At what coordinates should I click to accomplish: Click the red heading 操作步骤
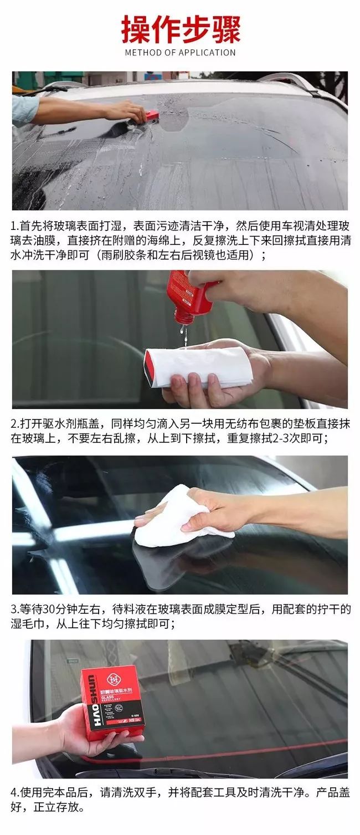coord(181,29)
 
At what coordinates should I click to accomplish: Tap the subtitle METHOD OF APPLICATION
coord(181,53)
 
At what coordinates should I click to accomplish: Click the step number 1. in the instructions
coord(14,226)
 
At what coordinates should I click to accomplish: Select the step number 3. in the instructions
coord(14,609)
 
